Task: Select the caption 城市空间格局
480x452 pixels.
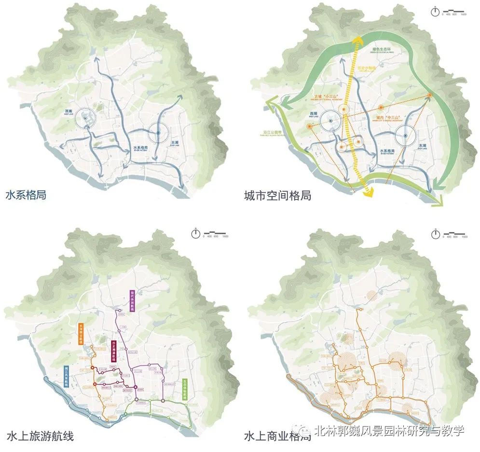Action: pos(277,196)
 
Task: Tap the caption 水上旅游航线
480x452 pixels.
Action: pos(40,436)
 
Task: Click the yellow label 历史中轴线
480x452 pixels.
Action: pos(368,69)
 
